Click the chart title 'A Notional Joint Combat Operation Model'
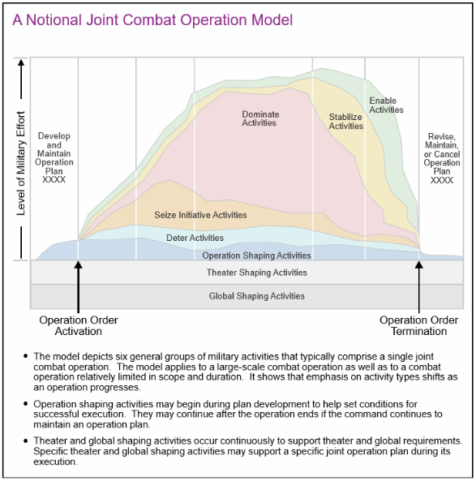coord(152,19)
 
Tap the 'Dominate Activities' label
coord(259,118)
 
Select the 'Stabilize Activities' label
coord(345,122)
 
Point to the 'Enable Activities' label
coord(386,105)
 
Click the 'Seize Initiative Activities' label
coord(200,215)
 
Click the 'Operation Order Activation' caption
coord(78,325)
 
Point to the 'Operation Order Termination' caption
coord(418,325)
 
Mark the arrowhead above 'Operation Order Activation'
coord(78,265)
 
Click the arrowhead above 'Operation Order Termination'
coord(419,265)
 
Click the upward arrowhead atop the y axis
coord(21,62)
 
